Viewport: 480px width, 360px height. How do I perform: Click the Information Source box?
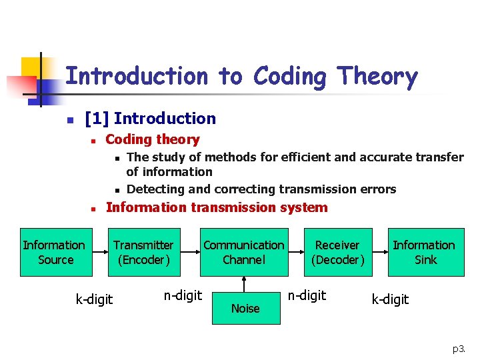[54, 252]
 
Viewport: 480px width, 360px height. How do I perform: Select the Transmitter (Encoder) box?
[143, 252]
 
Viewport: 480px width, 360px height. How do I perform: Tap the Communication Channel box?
[243, 252]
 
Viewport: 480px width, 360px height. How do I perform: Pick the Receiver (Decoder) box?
[337, 252]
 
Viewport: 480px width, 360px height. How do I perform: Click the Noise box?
[246, 307]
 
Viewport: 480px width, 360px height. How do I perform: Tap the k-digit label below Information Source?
[94, 299]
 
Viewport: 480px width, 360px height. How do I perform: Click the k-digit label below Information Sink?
[390, 299]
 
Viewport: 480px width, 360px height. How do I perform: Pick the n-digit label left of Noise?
[182, 295]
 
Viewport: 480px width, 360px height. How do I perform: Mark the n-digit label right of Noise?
[307, 295]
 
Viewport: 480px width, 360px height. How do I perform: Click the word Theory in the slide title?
[377, 77]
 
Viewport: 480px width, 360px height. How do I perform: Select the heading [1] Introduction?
[151, 119]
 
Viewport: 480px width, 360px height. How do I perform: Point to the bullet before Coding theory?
[95, 140]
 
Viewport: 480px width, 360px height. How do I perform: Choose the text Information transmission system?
[217, 207]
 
